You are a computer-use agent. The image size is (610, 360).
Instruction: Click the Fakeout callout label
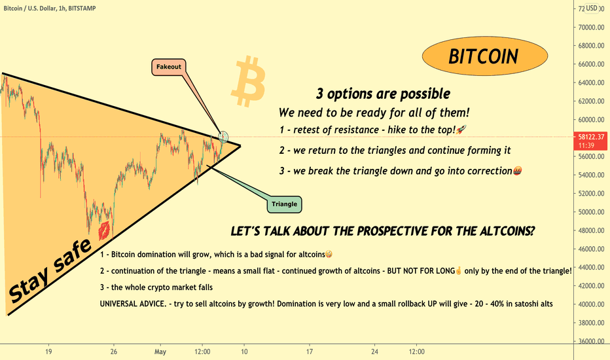click(x=168, y=67)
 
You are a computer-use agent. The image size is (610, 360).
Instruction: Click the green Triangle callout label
click(x=284, y=204)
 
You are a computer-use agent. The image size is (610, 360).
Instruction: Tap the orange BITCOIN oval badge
click(x=485, y=56)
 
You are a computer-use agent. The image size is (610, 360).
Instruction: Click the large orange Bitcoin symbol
click(x=249, y=81)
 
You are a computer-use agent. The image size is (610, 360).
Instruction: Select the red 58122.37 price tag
click(x=590, y=141)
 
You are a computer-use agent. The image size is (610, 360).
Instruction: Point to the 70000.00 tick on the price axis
click(x=591, y=27)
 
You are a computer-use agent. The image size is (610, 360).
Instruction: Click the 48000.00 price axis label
click(x=591, y=230)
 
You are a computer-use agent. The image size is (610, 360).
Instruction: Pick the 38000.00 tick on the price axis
click(x=591, y=323)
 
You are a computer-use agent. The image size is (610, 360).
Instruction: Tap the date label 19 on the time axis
click(x=48, y=351)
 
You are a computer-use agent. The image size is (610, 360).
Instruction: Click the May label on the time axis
click(x=160, y=352)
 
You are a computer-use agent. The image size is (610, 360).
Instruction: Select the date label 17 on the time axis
click(x=310, y=351)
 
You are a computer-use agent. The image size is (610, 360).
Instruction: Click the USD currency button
click(x=592, y=8)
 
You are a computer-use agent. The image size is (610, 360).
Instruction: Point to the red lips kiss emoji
click(x=104, y=231)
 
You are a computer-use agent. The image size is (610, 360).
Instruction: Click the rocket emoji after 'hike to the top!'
click(x=461, y=130)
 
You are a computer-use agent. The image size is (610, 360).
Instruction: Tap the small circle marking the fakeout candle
click(x=223, y=137)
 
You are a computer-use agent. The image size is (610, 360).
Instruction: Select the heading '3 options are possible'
click(x=383, y=94)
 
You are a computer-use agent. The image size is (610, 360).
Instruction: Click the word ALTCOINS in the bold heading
click(x=507, y=231)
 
